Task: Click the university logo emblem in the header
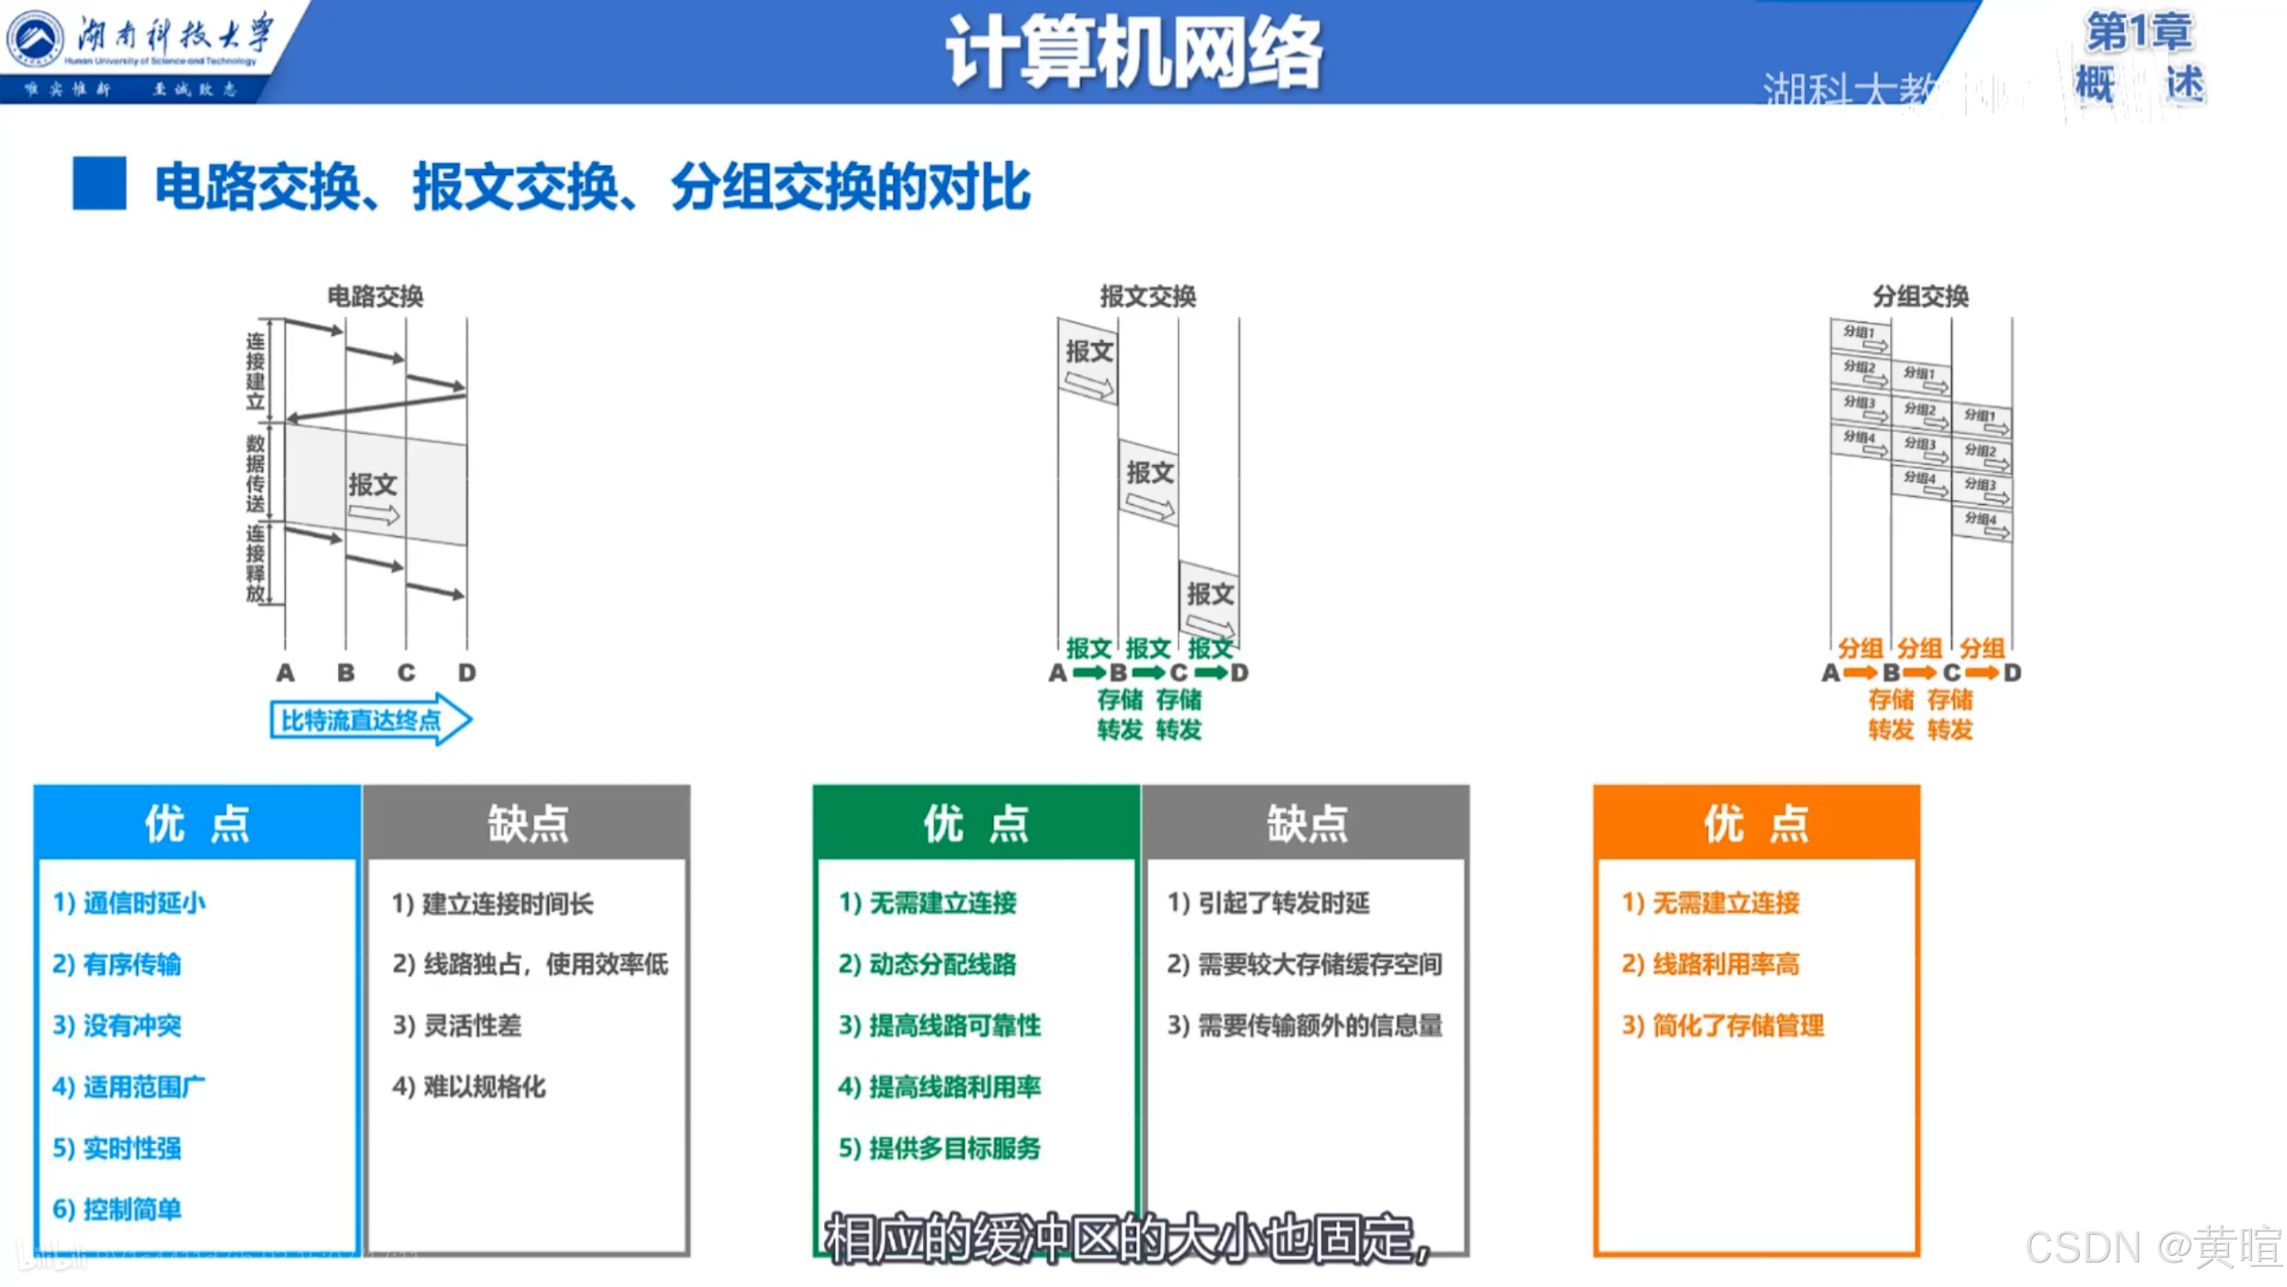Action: pyautogui.click(x=35, y=40)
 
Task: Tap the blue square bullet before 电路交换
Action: pyautogui.click(x=99, y=184)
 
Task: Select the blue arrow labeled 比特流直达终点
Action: pyautogui.click(x=369, y=719)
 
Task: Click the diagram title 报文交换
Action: pyautogui.click(x=1147, y=296)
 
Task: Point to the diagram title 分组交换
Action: pyautogui.click(x=1919, y=296)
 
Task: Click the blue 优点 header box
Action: pyautogui.click(x=197, y=824)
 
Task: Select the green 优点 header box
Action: pyautogui.click(x=976, y=824)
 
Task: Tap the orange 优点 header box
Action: pyautogui.click(x=1755, y=824)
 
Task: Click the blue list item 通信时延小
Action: pyautogui.click(x=130, y=903)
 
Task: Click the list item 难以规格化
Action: pyautogui.click(x=469, y=1086)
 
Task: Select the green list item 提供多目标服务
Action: pyautogui.click(x=939, y=1147)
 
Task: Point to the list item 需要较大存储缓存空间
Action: pyautogui.click(x=1304, y=964)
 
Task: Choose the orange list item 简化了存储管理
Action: pyautogui.click(x=1723, y=1026)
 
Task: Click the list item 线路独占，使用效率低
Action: pyautogui.click(x=530, y=964)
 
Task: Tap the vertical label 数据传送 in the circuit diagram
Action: pyautogui.click(x=256, y=473)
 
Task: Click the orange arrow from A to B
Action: pyautogui.click(x=1860, y=673)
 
